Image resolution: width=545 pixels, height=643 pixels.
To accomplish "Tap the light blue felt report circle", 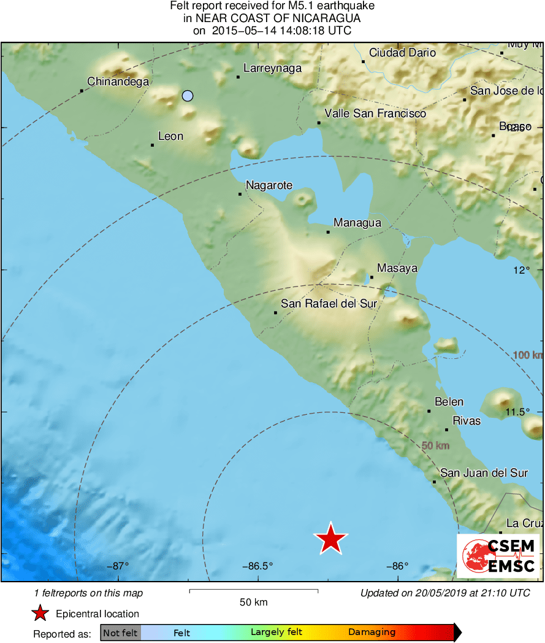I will tap(188, 95).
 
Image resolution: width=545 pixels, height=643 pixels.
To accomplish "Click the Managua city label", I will tap(357, 223).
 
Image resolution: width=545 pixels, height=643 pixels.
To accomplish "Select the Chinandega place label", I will tap(118, 81).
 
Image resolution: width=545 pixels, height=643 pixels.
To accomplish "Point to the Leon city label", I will tap(170, 136).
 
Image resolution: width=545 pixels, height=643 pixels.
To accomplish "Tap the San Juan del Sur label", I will tap(484, 473).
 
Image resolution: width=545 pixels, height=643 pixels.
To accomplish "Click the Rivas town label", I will tap(466, 421).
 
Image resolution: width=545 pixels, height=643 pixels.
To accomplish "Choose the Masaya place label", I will tap(397, 268).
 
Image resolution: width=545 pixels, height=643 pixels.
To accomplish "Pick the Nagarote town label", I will tap(269, 185).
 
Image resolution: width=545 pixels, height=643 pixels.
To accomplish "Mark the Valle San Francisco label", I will tap(375, 114).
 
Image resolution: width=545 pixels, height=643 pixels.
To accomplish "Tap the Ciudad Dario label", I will tap(402, 53).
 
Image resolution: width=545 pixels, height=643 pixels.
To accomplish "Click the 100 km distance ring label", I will tap(528, 355).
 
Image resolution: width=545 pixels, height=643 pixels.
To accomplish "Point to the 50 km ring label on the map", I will tap(435, 445).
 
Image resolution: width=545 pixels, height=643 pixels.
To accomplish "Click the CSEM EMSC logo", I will tap(498, 556).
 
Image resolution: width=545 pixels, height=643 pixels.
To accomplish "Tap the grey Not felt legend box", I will tap(120, 633).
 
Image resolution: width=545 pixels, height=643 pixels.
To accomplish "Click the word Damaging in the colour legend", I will tap(372, 633).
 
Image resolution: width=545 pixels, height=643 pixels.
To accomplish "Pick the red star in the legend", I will tap(40, 613).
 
